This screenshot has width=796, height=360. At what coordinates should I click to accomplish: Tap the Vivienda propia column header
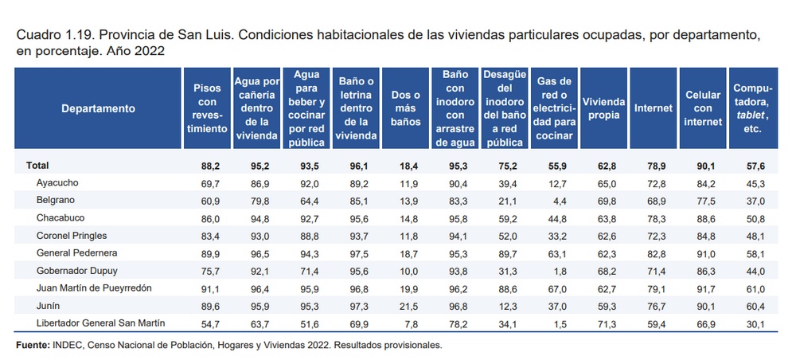604,108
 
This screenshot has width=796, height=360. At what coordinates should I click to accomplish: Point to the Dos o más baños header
406,108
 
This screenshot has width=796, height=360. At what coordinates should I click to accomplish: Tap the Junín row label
50,305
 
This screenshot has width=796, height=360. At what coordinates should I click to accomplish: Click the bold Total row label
38,166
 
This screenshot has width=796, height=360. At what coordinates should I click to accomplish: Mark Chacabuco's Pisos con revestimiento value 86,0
205,218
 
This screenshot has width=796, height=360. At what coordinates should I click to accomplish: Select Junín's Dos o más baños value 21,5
406,305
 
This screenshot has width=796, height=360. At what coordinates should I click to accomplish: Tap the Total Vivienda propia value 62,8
604,166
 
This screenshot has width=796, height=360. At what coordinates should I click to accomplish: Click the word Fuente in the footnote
33,346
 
